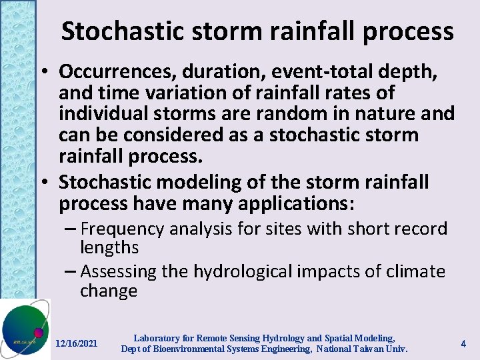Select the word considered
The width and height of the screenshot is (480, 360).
[159, 135]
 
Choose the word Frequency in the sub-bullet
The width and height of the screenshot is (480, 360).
[122, 229]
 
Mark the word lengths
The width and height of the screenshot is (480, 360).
[109, 248]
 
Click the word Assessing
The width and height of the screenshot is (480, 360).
[118, 272]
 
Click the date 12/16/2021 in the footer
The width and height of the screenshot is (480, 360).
[76, 343]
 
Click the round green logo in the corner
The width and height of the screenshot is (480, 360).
[23, 329]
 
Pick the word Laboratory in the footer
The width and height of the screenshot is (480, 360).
[158, 338]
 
